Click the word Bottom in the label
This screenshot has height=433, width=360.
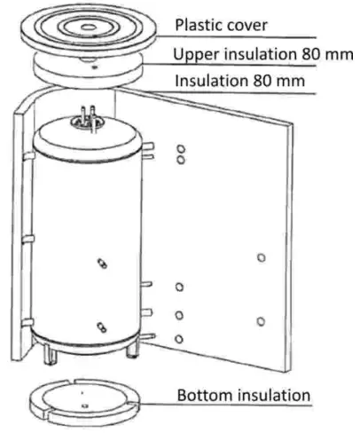click(x=201, y=394)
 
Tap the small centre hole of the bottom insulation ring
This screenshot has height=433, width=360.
click(x=81, y=391)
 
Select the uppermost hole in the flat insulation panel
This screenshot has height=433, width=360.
click(x=180, y=149)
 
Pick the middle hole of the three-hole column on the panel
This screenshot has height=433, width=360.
click(x=179, y=315)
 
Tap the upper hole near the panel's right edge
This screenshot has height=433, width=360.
click(x=260, y=257)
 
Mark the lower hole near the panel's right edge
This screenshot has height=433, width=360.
click(x=260, y=319)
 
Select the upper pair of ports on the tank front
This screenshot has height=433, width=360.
click(x=102, y=264)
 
